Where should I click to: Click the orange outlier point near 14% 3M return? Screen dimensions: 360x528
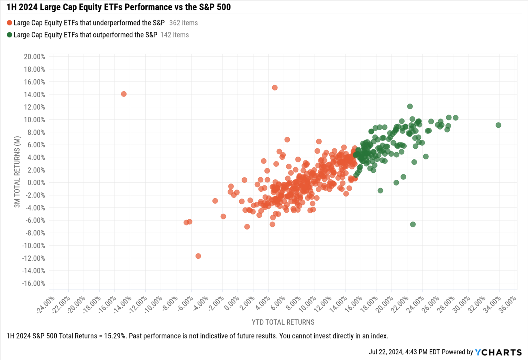[124, 94]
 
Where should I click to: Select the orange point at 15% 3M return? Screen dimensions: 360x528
[275, 88]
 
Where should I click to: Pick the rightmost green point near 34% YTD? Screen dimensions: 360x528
[498, 125]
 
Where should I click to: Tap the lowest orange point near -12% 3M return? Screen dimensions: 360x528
[198, 256]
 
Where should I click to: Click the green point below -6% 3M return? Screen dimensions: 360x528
[413, 224]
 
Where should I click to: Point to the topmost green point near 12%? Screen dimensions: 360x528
[410, 106]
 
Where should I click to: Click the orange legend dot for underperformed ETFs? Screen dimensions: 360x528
[10, 23]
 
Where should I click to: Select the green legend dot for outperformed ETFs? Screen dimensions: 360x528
[10, 35]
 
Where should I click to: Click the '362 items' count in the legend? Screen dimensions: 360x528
[183, 23]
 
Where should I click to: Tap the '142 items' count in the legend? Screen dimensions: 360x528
[174, 35]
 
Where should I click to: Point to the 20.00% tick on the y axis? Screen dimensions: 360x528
[34, 57]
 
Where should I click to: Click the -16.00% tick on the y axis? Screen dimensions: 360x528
[34, 283]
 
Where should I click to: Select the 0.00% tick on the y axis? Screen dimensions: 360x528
[36, 183]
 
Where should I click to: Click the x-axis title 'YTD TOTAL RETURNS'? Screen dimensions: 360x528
[283, 322]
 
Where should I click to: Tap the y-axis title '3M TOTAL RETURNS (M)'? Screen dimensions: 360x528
[17, 172]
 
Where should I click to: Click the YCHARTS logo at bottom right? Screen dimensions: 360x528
[498, 352]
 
